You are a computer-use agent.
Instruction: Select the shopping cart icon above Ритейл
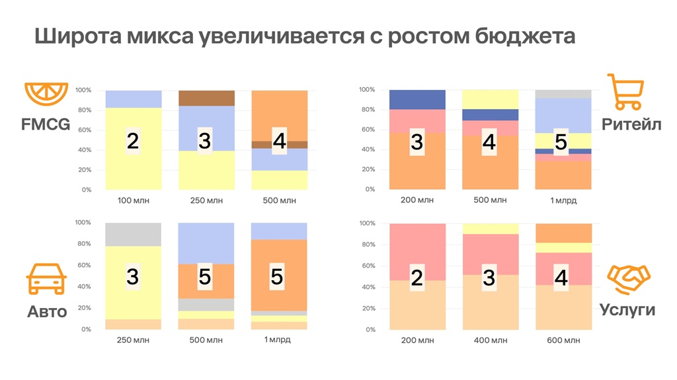click(x=625, y=92)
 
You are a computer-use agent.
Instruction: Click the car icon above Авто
click(x=46, y=280)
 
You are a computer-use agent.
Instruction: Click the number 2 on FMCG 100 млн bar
click(x=133, y=141)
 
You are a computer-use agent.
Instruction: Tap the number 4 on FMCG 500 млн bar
click(x=279, y=141)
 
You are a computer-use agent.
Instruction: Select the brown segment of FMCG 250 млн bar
click(x=206, y=98)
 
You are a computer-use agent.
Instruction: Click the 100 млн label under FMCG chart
click(x=133, y=201)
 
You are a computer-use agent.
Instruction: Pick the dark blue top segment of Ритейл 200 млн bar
click(x=417, y=99)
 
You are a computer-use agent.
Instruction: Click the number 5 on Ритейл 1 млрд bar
click(x=561, y=141)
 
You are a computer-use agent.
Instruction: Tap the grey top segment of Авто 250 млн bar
click(x=133, y=234)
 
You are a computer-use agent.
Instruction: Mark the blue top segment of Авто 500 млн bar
click(x=206, y=243)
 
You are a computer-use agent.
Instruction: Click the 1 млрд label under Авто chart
click(x=279, y=340)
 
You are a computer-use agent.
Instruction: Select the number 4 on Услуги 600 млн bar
click(x=561, y=278)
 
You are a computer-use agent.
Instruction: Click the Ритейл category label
click(x=630, y=124)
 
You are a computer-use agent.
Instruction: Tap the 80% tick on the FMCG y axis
click(x=83, y=110)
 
